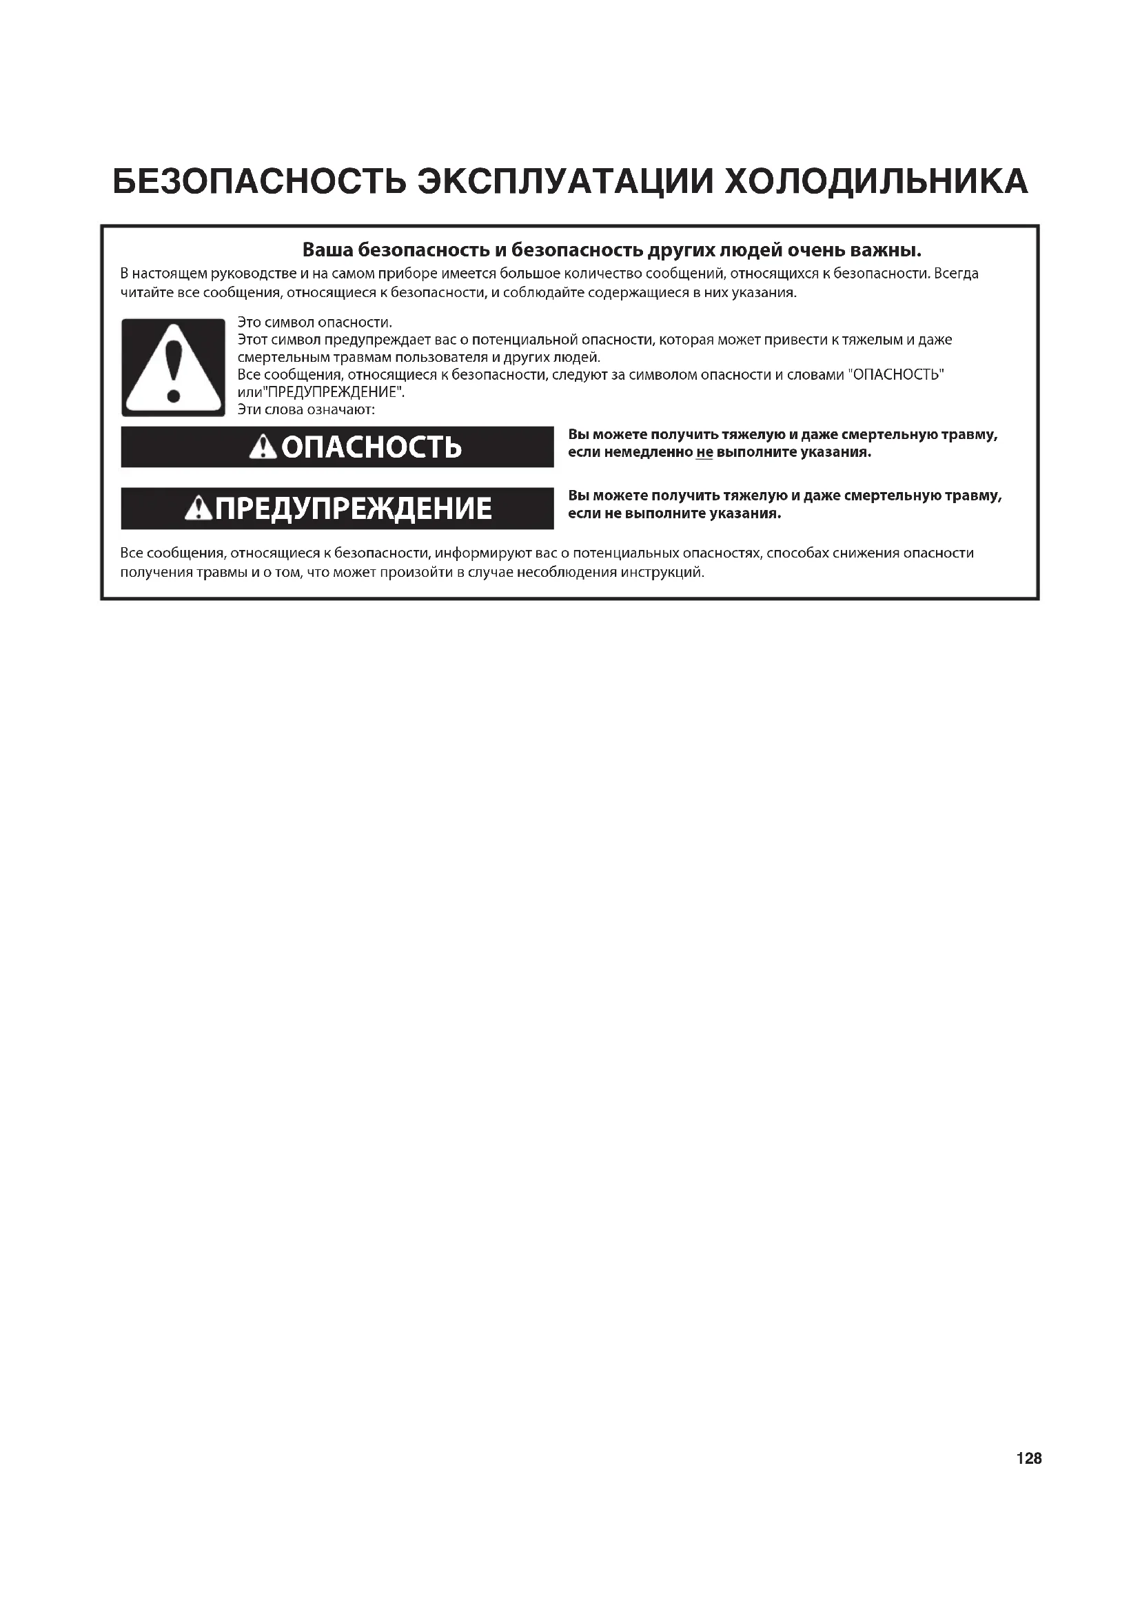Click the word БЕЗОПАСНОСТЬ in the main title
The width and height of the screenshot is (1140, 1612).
259,182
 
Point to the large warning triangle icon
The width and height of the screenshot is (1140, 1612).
173,368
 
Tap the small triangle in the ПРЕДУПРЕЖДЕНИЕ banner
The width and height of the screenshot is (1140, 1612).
199,509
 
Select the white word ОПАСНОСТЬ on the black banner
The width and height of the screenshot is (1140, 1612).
371,447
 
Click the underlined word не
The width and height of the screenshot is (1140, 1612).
704,453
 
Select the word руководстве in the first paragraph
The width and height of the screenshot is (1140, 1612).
254,274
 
